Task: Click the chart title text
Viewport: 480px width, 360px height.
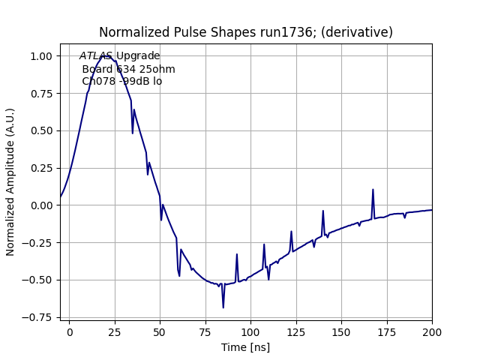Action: tap(246, 32)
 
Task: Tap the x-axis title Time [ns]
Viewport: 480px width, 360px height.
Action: tap(246, 347)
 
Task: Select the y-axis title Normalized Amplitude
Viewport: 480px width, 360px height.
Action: tap(10, 188)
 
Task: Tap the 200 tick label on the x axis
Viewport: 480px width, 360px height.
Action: tap(432, 331)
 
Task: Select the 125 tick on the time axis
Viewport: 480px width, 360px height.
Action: tap(296, 331)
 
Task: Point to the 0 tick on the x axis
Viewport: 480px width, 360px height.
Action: tap(70, 331)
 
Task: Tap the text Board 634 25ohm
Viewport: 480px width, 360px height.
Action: tap(128, 69)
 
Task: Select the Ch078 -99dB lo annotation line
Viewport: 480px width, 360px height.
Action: tap(121, 82)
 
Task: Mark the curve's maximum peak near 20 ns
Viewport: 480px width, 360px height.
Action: tap(105, 55)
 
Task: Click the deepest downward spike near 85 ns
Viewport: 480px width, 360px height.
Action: tap(223, 307)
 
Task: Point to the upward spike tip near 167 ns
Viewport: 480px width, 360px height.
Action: tap(373, 190)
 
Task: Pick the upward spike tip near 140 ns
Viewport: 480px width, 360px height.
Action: tap(323, 211)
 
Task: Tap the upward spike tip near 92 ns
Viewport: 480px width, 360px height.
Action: tap(236, 254)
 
